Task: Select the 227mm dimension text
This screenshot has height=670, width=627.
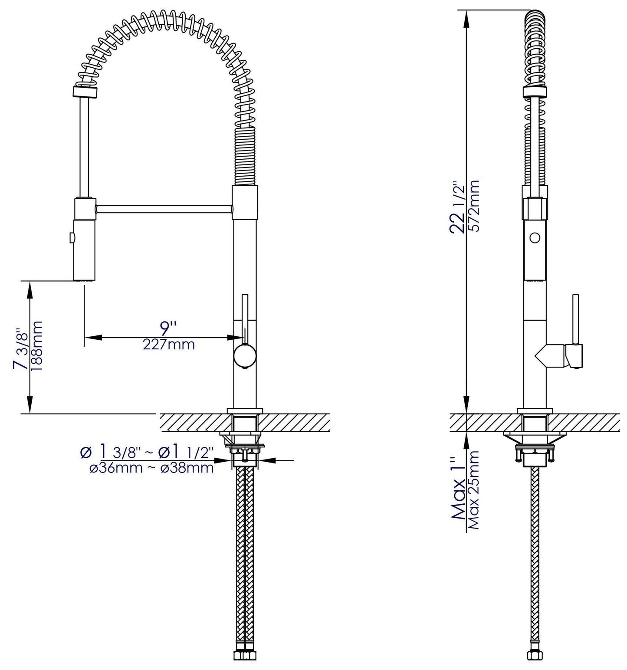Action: [169, 345]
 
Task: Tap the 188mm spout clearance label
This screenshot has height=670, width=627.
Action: [37, 346]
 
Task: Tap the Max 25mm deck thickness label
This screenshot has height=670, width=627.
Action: [475, 490]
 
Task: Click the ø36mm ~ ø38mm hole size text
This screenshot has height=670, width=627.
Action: [151, 468]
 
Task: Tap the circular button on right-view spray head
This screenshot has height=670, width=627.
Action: [535, 238]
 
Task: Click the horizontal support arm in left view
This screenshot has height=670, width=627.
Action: [164, 209]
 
